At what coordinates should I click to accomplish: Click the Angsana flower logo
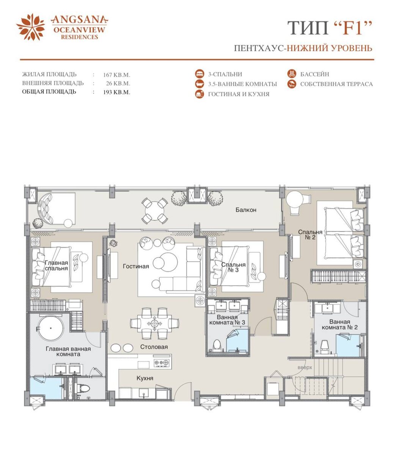click(x=31, y=27)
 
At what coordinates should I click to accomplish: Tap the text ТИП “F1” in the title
click(x=330, y=28)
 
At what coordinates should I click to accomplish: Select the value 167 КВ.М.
click(x=116, y=75)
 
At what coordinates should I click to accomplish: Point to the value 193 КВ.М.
click(x=116, y=92)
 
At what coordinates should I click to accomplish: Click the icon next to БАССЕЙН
click(x=291, y=74)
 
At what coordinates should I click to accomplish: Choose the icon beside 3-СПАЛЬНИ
click(x=200, y=74)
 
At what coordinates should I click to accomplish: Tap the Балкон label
click(x=246, y=210)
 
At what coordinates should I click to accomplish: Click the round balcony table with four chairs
click(x=155, y=210)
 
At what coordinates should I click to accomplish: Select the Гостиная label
click(x=136, y=267)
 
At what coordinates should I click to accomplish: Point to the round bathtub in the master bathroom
click(x=51, y=328)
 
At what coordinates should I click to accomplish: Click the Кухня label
click(x=145, y=378)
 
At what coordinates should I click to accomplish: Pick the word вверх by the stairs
click(x=305, y=368)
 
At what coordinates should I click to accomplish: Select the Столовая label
click(x=154, y=347)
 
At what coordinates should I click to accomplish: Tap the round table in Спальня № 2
click(x=294, y=200)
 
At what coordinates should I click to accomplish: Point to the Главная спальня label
click(x=56, y=265)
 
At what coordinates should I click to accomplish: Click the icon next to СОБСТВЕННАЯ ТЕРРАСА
click(x=291, y=84)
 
